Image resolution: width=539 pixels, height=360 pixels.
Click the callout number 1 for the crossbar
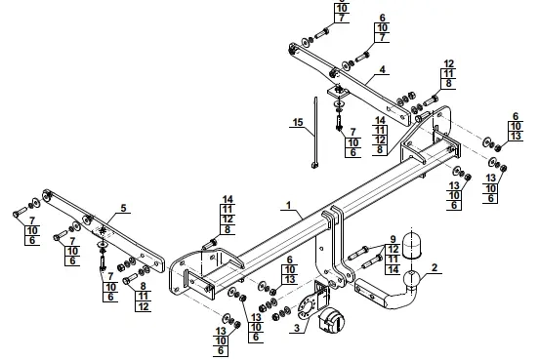tap(288, 205)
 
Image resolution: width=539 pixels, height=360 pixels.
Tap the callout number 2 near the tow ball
tap(435, 267)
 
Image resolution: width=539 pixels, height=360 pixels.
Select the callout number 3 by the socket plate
tap(297, 328)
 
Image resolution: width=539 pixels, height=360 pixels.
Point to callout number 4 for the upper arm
tap(382, 69)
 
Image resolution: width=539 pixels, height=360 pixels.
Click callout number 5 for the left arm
tap(123, 208)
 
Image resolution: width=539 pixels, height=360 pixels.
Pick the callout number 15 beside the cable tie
tap(298, 122)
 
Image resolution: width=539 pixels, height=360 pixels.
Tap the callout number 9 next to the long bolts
tap(393, 239)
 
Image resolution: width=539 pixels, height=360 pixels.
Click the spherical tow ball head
tap(411, 278)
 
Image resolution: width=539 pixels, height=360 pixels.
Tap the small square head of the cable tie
tap(314, 166)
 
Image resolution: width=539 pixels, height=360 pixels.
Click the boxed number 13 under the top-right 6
tap(516, 136)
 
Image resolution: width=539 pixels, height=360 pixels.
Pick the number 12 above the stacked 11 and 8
tap(448, 63)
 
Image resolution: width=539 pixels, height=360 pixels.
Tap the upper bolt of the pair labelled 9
tap(358, 253)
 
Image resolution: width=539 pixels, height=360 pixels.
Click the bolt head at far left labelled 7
tap(16, 215)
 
